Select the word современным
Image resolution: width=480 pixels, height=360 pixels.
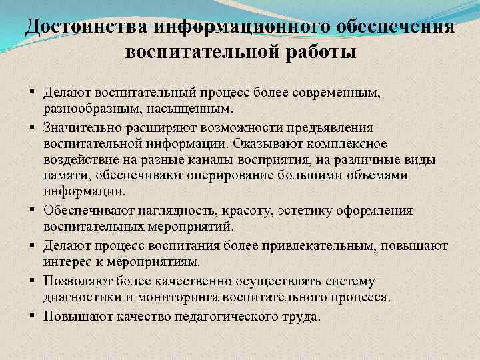tap(330, 91)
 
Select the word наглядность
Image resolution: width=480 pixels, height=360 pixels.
tap(167, 211)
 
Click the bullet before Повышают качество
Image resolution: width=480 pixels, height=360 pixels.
tap(32, 315)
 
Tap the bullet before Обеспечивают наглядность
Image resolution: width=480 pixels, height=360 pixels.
tap(32, 211)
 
